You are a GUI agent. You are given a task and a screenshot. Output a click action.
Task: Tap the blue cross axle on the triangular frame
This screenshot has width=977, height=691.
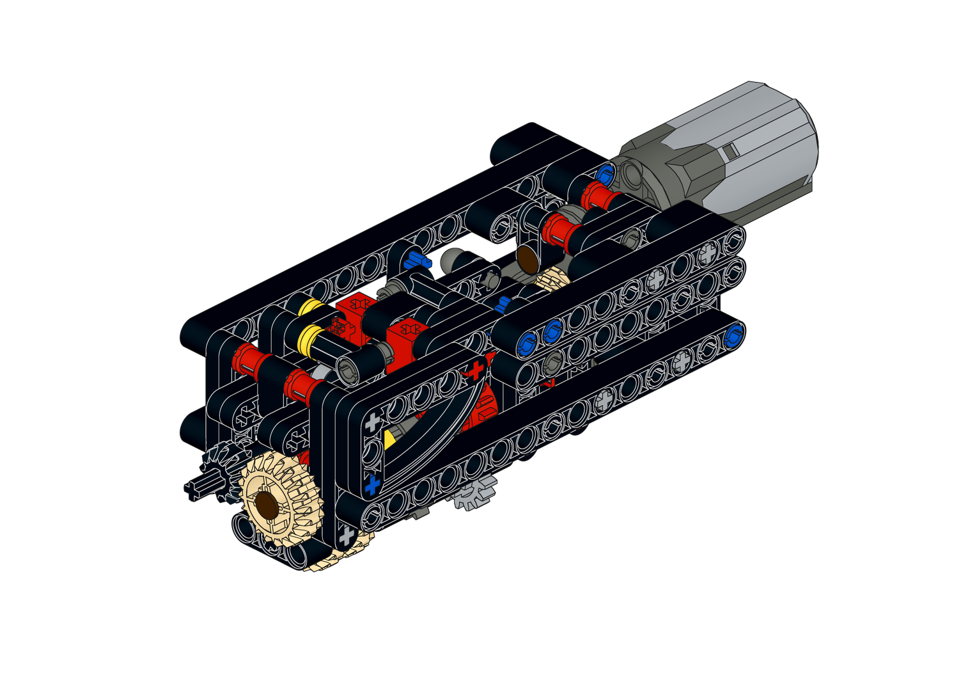coord(371,484)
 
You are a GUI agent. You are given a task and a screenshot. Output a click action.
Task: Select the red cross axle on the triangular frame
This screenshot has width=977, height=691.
coord(475,370)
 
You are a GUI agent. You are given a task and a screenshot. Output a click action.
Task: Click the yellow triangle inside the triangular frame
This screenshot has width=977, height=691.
coord(388,440)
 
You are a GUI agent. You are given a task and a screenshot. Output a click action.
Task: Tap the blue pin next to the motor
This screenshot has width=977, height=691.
coord(604,173)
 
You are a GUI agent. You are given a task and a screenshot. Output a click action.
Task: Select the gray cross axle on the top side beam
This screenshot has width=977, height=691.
coord(707,255)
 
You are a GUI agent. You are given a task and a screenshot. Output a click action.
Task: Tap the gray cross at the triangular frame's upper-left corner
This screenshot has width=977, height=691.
coord(372,422)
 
